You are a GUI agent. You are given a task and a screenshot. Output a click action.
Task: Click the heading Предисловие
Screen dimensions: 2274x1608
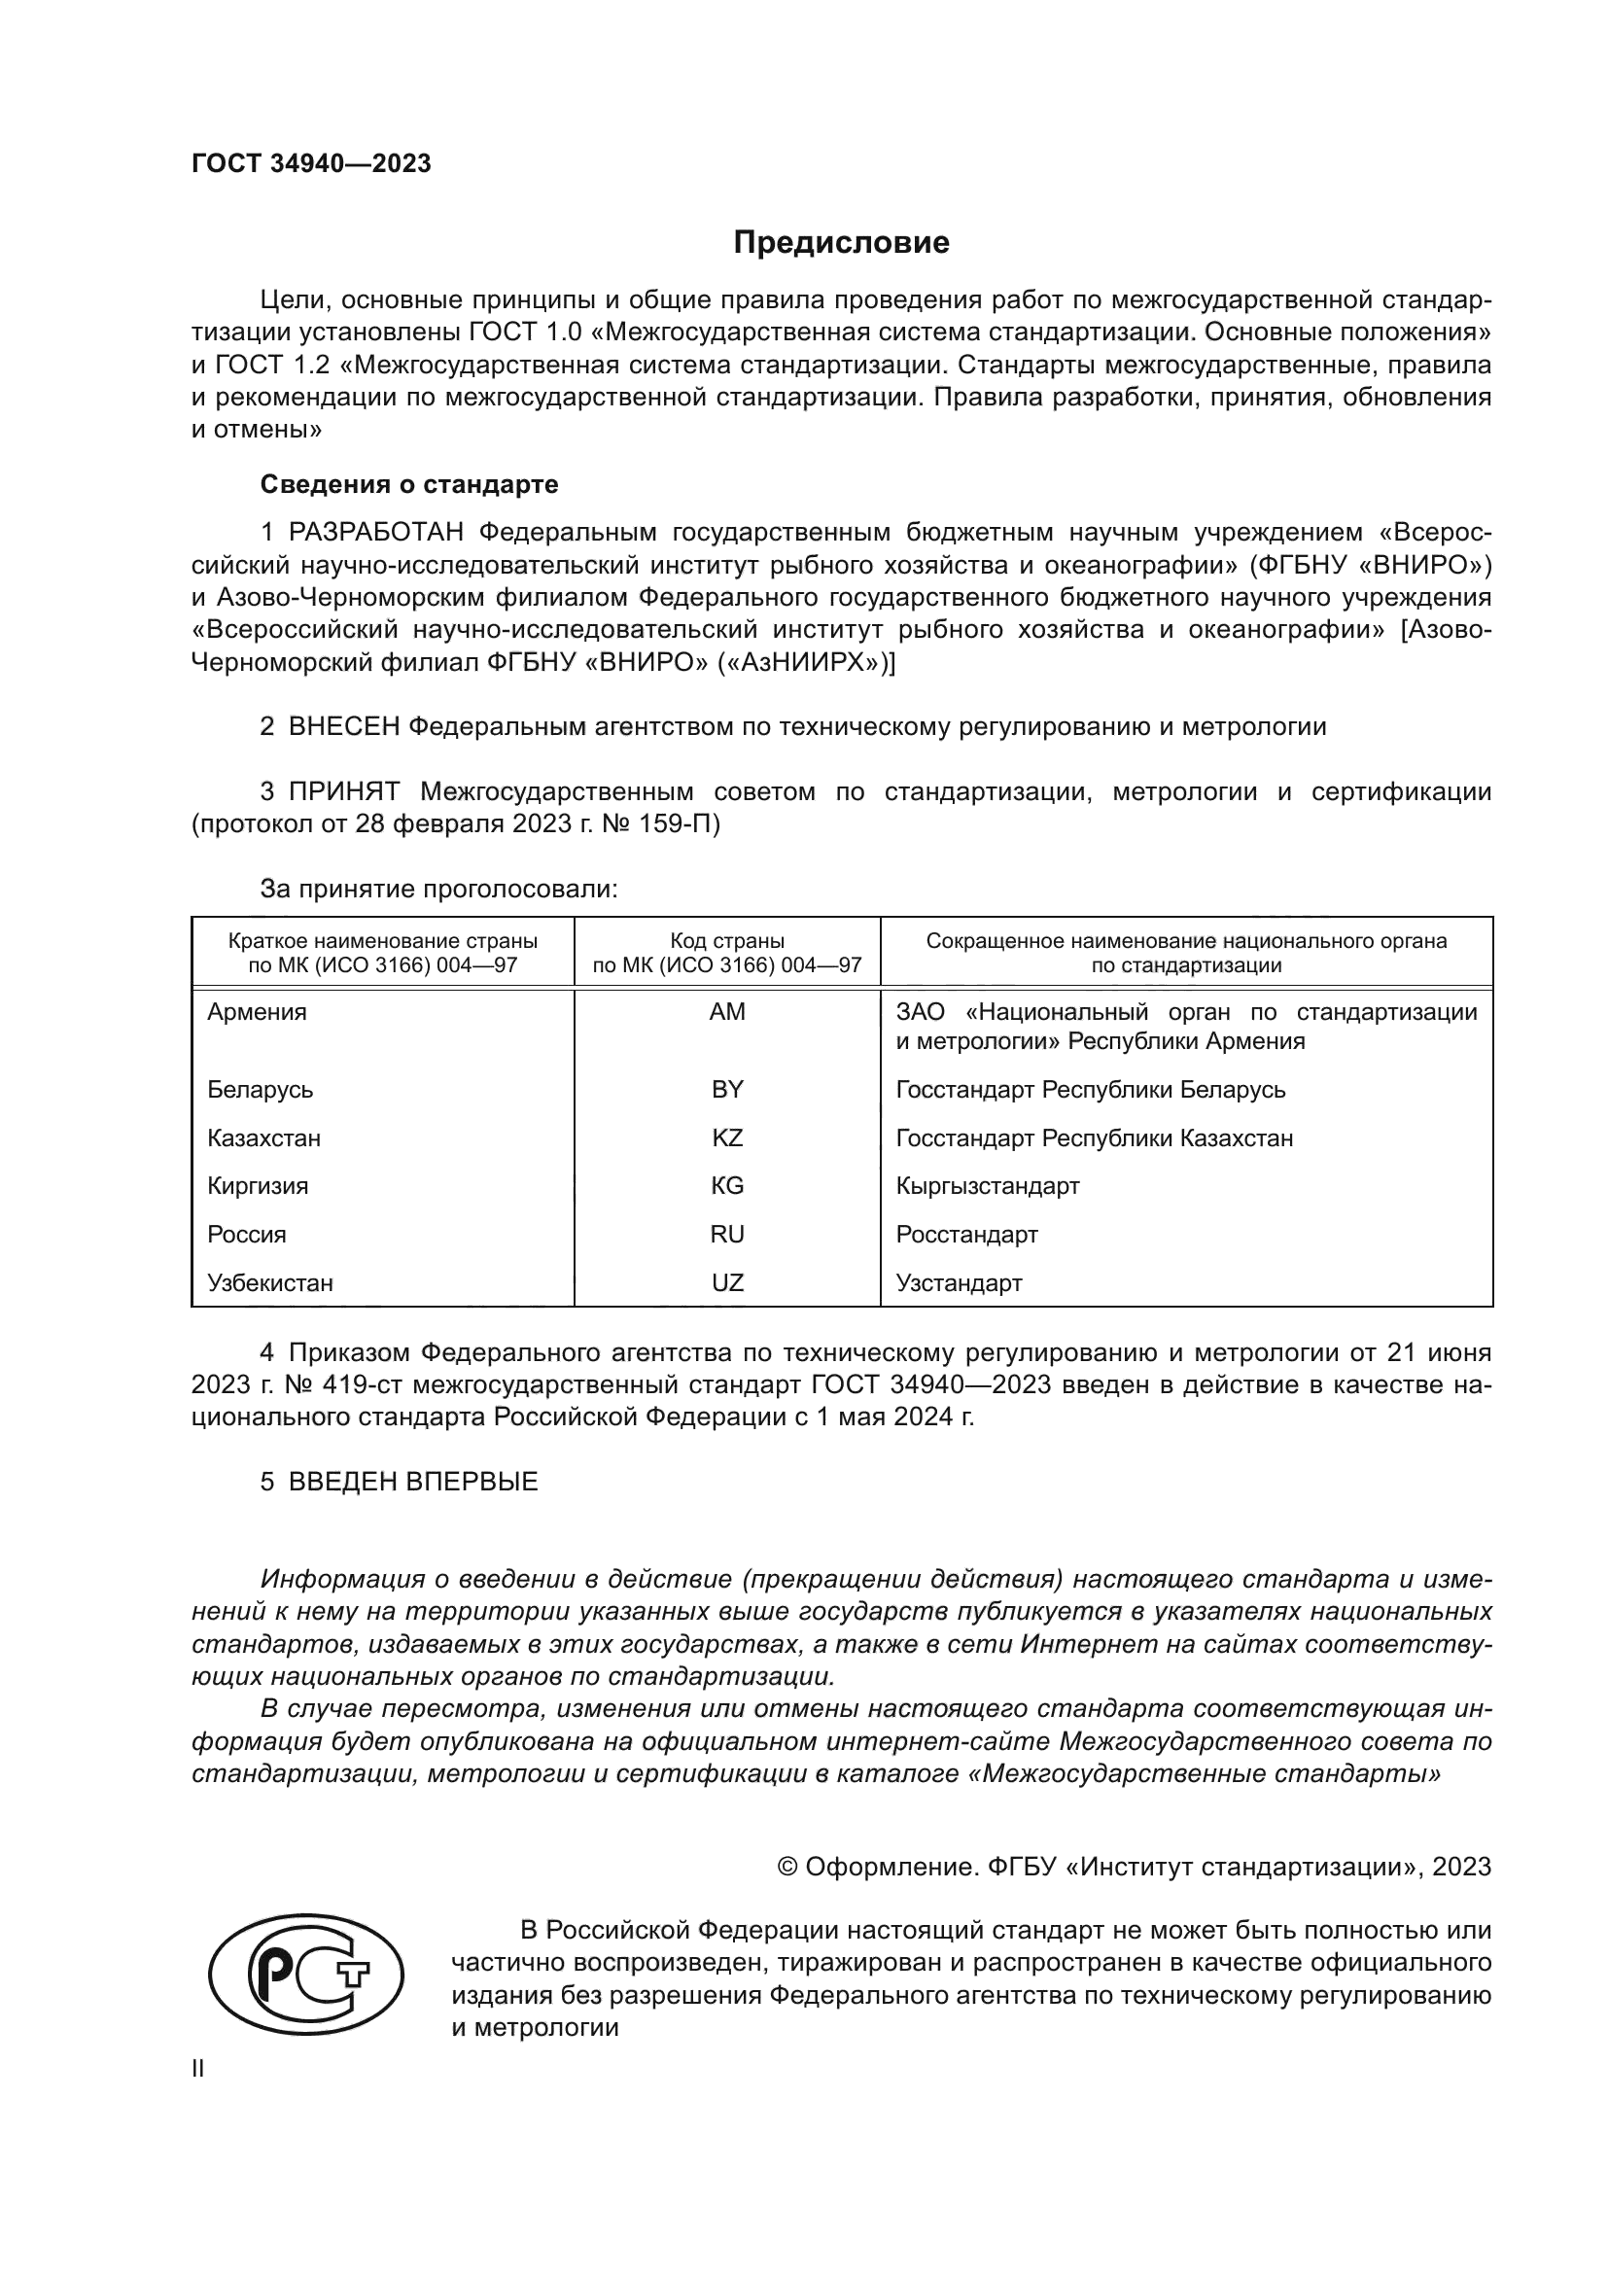coord(841,243)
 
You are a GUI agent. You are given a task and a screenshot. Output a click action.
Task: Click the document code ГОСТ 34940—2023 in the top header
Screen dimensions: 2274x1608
coord(311,164)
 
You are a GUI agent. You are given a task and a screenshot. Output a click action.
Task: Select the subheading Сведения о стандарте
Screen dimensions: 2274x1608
coord(409,484)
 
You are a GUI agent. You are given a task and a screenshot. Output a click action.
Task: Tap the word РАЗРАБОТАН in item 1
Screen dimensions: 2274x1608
coord(376,533)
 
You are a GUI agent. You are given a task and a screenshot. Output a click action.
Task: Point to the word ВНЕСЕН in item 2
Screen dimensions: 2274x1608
coord(343,727)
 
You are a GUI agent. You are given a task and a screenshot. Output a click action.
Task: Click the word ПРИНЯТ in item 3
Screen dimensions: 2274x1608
coord(343,791)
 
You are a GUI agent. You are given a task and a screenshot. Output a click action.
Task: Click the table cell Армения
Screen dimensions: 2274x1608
coord(257,1012)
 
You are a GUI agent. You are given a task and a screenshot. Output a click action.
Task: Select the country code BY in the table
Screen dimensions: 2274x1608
coord(727,1090)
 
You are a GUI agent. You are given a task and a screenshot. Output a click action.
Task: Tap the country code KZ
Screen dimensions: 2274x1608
coord(727,1138)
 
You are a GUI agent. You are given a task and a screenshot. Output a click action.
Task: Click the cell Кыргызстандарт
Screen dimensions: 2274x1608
coord(987,1185)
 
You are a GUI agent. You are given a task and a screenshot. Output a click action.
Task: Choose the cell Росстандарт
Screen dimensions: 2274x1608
coord(966,1234)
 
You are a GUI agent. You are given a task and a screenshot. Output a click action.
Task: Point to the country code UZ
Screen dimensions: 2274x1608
coord(727,1282)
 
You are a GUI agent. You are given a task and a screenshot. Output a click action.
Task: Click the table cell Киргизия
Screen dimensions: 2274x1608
coord(258,1185)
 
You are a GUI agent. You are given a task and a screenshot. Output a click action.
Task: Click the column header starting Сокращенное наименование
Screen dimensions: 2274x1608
coord(1185,952)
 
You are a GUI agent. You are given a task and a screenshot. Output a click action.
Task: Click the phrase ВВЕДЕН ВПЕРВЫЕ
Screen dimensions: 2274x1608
coord(413,1482)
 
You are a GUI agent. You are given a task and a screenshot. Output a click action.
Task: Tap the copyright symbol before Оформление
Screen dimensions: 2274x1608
coord(787,1867)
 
